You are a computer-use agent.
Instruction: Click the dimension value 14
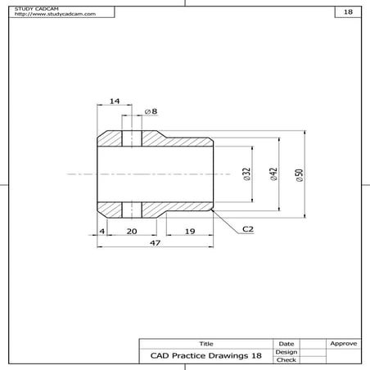114,101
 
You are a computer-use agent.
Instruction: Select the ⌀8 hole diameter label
151,111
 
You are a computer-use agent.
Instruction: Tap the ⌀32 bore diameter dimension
246,174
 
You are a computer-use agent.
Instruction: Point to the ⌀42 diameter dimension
273,174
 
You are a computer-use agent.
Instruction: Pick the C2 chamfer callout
247,231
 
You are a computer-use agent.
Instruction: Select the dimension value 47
155,243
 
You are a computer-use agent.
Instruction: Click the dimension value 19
190,232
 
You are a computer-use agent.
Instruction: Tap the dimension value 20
131,232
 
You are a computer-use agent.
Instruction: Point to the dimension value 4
102,232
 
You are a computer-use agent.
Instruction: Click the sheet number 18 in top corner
348,13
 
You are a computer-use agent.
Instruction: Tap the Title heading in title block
205,343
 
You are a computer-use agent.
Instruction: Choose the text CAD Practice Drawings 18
205,356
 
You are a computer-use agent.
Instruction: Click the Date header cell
286,343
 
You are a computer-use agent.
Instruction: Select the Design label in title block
286,351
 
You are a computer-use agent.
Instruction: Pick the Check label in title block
286,359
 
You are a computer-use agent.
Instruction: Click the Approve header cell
342,343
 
